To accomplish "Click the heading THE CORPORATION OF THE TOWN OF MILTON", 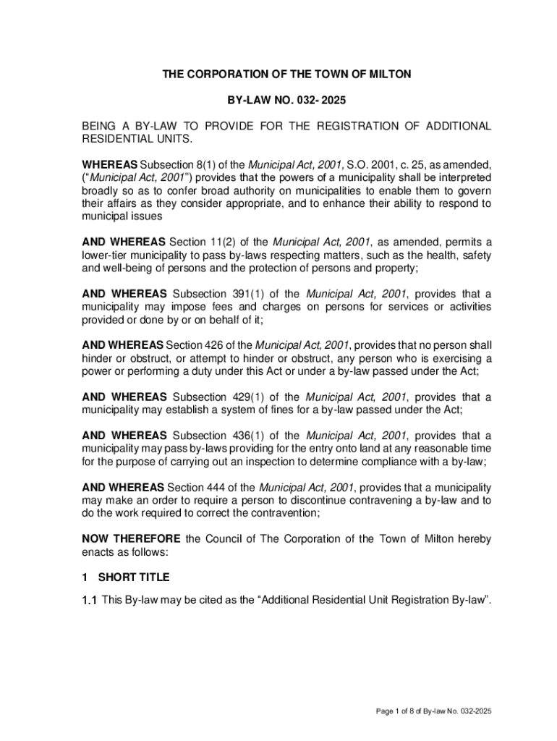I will pyautogui.click(x=286, y=74).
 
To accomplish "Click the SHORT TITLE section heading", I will pyautogui.click(x=134, y=577).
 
